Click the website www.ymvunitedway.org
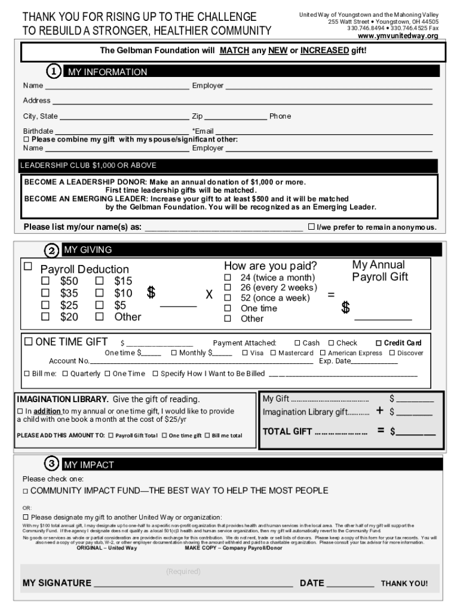pyautogui.click(x=398, y=36)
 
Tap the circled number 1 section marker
pyautogui.click(x=54, y=72)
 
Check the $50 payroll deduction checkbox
pyautogui.click(x=45, y=281)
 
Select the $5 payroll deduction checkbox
pyautogui.click(x=100, y=305)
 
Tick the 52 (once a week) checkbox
pyautogui.click(x=227, y=298)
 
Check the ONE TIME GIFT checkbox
pyautogui.click(x=27, y=342)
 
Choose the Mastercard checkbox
pyautogui.click(x=273, y=353)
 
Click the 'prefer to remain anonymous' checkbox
pyautogui.click(x=311, y=227)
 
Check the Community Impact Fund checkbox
pyautogui.click(x=26, y=490)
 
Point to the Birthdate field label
pyautogui.click(x=38, y=131)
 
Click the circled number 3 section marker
pyautogui.click(x=53, y=464)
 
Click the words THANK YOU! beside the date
pyautogui.click(x=404, y=584)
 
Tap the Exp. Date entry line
pyautogui.click(x=375, y=362)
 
